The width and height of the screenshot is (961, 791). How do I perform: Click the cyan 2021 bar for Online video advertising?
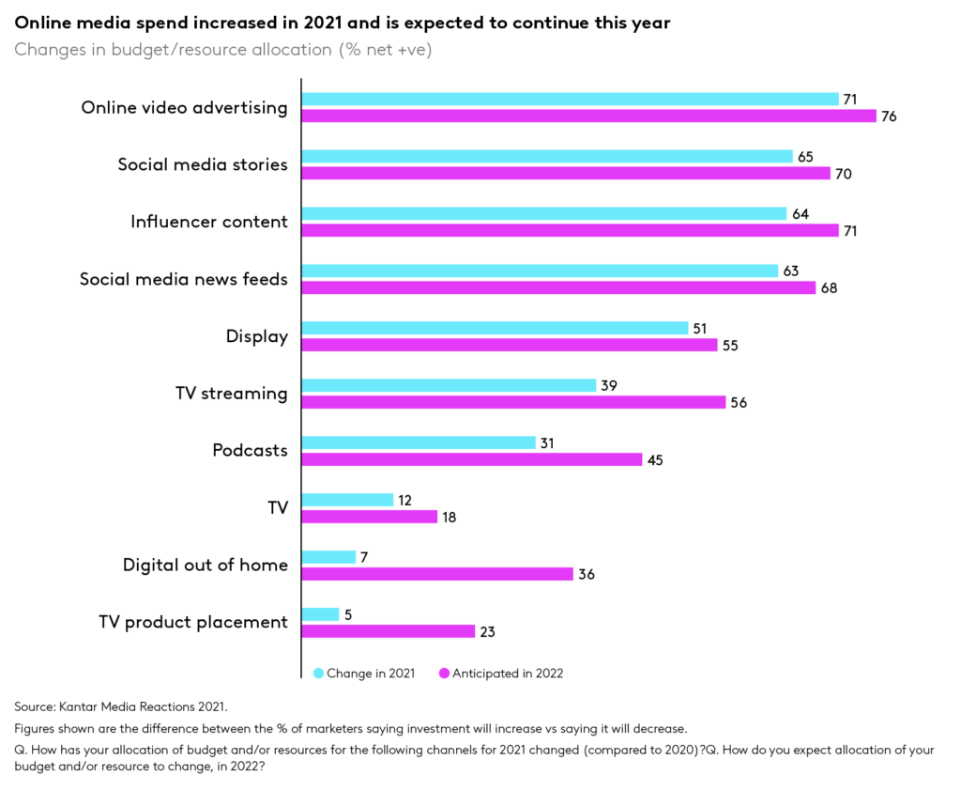569,99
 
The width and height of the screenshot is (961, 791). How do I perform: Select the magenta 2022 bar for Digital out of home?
436,574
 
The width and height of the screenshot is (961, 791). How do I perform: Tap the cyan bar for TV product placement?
320,614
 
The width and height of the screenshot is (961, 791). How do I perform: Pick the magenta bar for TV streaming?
512,402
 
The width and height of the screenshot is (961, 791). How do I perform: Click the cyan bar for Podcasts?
418,442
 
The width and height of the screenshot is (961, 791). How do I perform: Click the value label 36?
587,574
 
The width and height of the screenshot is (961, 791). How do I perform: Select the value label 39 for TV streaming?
610,385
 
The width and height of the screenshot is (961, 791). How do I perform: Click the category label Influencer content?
208,222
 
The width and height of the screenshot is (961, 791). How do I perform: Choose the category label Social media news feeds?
183,279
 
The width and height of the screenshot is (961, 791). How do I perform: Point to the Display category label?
256,336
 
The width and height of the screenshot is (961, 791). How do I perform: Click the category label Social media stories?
202,164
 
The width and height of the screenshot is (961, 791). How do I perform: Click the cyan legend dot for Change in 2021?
318,673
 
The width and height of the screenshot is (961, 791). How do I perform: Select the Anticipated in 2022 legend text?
507,673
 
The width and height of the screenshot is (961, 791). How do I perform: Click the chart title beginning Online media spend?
343,23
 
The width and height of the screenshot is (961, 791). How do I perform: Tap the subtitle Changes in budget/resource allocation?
223,50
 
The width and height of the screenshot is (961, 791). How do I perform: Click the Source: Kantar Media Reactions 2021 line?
121,706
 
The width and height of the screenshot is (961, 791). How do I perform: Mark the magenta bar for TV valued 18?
369,517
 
